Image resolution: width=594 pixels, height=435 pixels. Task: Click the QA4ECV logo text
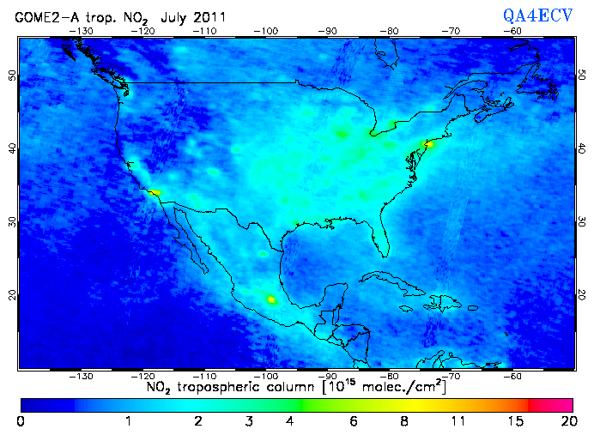pos(538,16)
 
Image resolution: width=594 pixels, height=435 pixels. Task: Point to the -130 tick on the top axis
pos(82,30)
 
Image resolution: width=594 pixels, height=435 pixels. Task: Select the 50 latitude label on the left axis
pos(11,76)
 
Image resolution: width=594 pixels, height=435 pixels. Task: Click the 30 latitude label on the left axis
pos(11,221)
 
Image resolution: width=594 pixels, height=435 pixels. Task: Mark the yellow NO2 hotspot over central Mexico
pos(272,299)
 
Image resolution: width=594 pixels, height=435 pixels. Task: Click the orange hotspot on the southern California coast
pos(155,193)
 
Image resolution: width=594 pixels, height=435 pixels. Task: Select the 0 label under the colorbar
pos(21,421)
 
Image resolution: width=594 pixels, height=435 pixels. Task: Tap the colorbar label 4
pos(290,421)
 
